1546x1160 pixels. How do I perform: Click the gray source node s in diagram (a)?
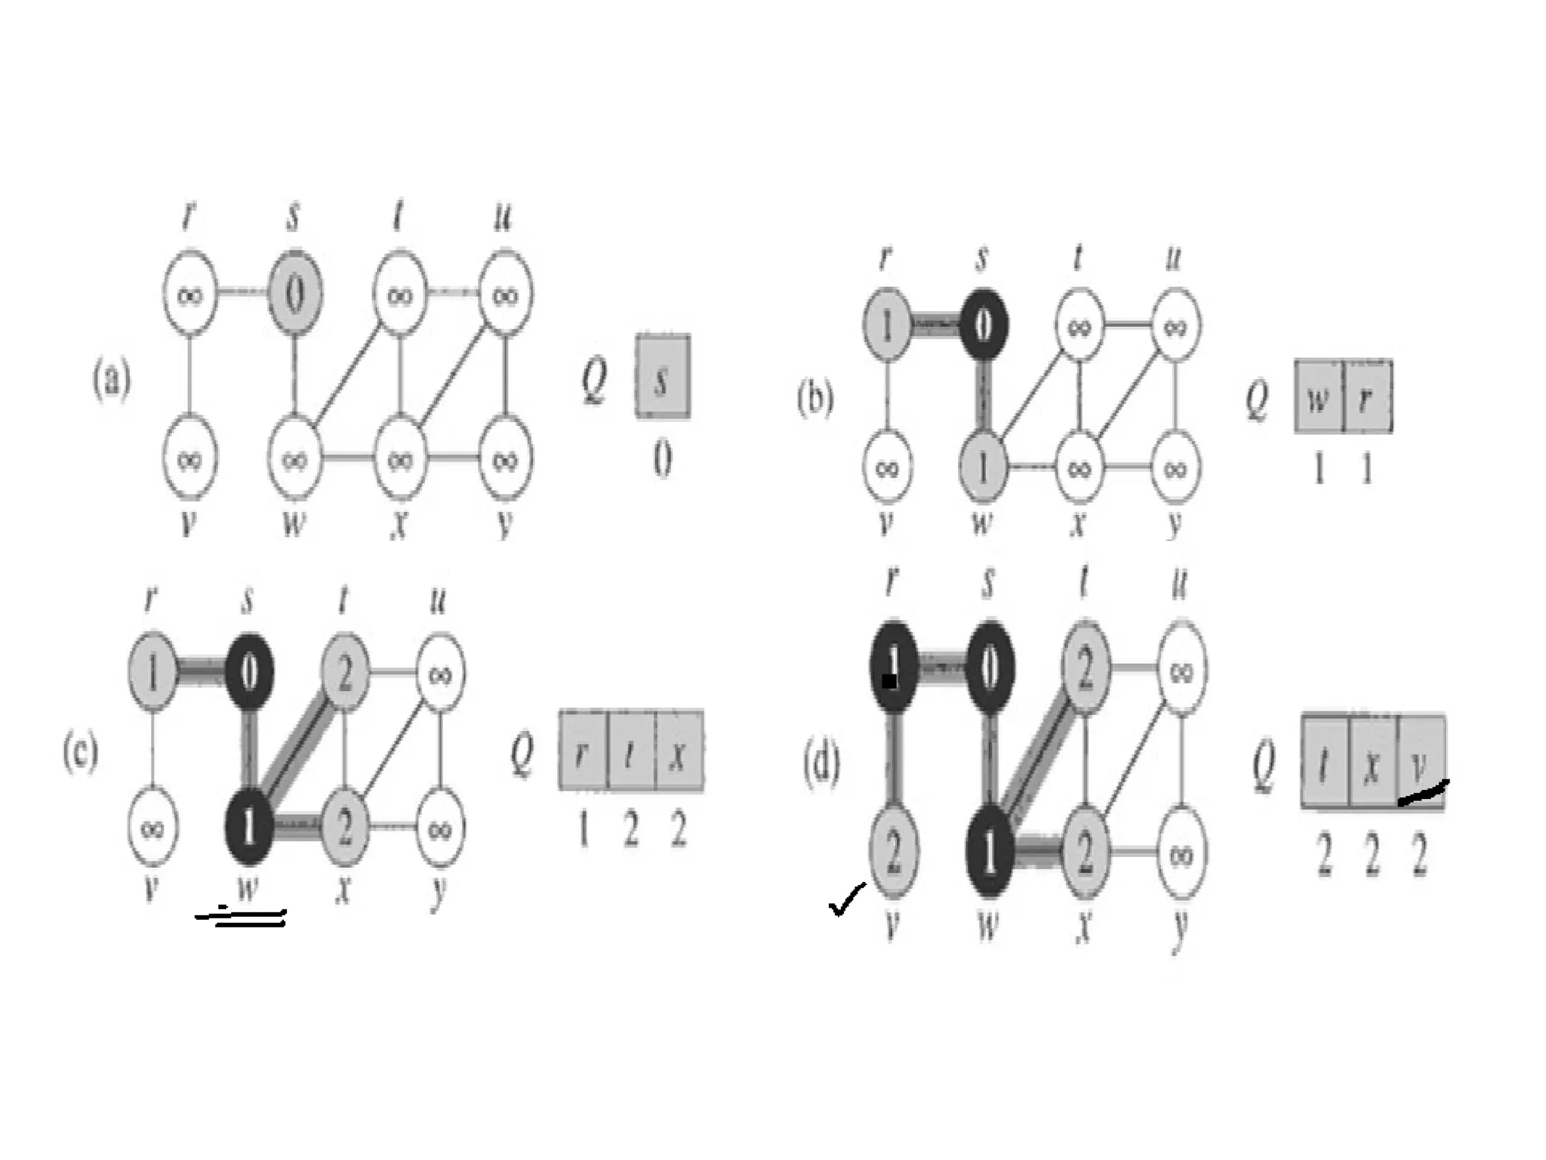295,294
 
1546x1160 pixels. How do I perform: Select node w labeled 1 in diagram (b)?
982,467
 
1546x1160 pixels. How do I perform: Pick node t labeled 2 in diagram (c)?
345,672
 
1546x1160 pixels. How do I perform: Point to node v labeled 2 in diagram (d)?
893,852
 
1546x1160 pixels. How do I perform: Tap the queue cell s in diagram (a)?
662,376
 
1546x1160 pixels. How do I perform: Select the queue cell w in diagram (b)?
1319,397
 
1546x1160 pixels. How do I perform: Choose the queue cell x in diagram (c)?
679,751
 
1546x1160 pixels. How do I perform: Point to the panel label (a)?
112,378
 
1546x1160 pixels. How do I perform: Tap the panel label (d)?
821,764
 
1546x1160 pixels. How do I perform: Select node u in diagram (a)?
505,294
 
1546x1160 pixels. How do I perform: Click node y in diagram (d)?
1181,854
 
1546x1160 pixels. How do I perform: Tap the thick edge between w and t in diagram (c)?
297,748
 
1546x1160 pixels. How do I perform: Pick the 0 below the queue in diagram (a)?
662,458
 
